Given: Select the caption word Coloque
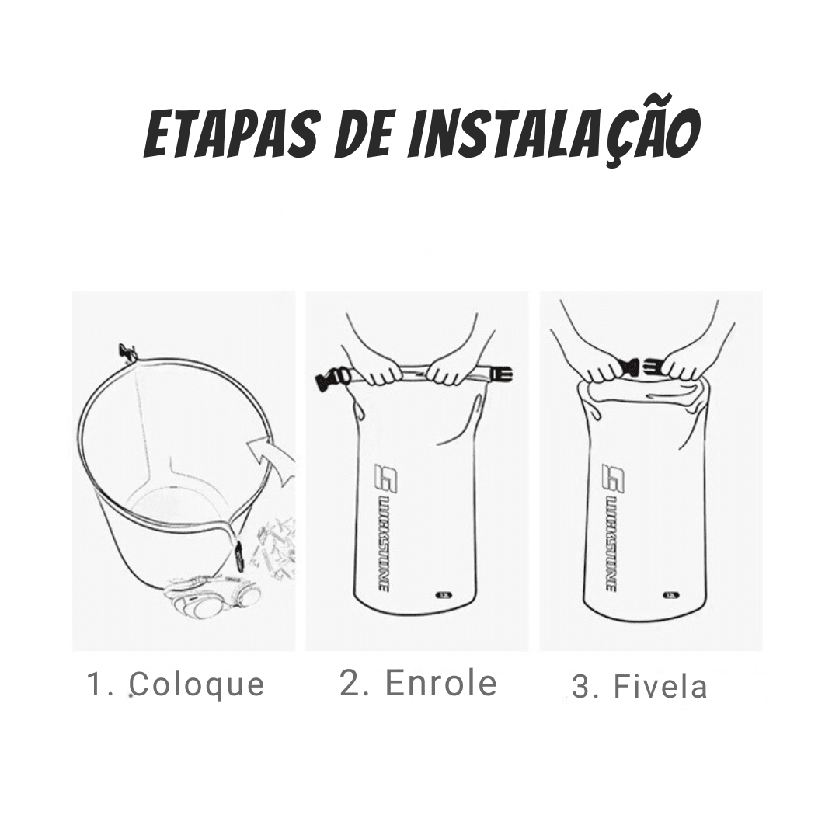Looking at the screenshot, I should [197, 685].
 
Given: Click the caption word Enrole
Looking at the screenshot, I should [440, 683].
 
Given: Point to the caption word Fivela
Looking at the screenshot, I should [660, 687].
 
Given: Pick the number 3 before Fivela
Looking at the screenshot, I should [583, 688].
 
